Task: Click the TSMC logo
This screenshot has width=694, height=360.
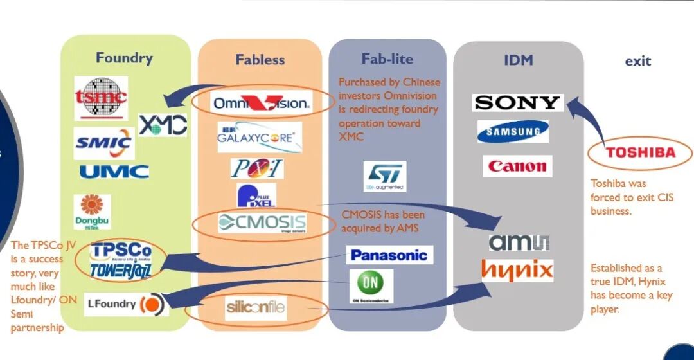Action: pyautogui.click(x=101, y=98)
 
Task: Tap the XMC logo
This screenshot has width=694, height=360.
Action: pyautogui.click(x=163, y=124)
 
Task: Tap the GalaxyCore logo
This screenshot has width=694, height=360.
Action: pyautogui.click(x=259, y=136)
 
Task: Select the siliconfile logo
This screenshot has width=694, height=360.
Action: pyautogui.click(x=256, y=308)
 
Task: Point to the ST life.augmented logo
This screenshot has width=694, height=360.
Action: pyautogui.click(x=384, y=175)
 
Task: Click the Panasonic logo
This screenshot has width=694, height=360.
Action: pyautogui.click(x=389, y=255)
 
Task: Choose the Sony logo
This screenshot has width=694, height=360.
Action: pyautogui.click(x=517, y=102)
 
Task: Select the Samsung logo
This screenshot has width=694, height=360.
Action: pyautogui.click(x=513, y=132)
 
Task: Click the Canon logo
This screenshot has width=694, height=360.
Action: pyautogui.click(x=517, y=166)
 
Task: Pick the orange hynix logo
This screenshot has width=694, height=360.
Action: pyautogui.click(x=517, y=270)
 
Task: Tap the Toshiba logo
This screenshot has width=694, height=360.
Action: pyautogui.click(x=641, y=153)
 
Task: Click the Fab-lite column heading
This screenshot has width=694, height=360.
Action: pyautogui.click(x=387, y=59)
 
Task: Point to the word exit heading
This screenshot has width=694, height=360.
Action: pyautogui.click(x=638, y=61)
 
